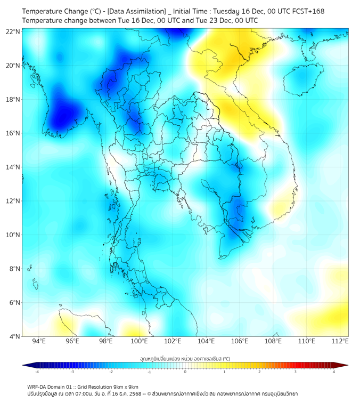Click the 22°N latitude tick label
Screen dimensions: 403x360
pyautogui.click(x=13, y=31)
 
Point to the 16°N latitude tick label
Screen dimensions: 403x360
pyautogui.click(x=13, y=133)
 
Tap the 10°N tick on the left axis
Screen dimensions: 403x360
pyautogui.click(x=13, y=235)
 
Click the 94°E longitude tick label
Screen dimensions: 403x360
pyautogui.click(x=39, y=342)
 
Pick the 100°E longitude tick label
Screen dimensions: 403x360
pyautogui.click(x=139, y=342)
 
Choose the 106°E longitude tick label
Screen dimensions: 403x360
pyautogui.click(x=240, y=342)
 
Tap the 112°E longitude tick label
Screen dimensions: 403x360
pyautogui.click(x=340, y=342)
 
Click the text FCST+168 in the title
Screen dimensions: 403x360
pyautogui.click(x=307, y=11)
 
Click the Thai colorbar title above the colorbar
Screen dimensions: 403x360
pyautogui.click(x=185, y=359)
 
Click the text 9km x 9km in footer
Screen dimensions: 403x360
pyautogui.click(x=126, y=387)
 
